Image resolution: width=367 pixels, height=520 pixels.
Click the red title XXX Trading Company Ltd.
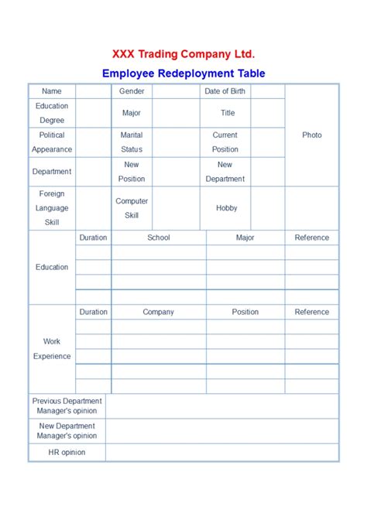click(x=183, y=53)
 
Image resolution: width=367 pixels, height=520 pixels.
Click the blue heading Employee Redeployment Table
click(x=183, y=74)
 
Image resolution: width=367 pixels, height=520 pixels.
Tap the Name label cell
click(x=52, y=91)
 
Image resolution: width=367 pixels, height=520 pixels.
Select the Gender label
click(x=132, y=91)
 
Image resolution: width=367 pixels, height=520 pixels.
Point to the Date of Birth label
click(x=225, y=91)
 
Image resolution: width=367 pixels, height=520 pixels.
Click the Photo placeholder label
click(x=312, y=135)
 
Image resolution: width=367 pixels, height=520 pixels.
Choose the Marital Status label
click(x=132, y=142)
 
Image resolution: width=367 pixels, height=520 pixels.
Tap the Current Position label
click(x=225, y=142)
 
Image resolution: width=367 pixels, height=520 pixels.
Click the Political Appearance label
click(x=52, y=142)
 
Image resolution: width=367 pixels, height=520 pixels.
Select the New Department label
click(x=225, y=172)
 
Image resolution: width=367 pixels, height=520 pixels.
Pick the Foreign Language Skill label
click(x=52, y=208)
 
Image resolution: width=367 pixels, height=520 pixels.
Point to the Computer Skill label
click(x=132, y=208)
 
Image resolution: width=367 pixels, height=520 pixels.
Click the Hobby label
click(x=227, y=208)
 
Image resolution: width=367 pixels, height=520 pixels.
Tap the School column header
click(x=159, y=238)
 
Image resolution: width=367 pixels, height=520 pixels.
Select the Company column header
click(x=159, y=312)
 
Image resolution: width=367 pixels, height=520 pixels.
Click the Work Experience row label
click(x=52, y=349)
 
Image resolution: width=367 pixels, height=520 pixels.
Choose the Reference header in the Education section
click(x=312, y=238)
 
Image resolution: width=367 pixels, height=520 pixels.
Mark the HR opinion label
click(x=67, y=452)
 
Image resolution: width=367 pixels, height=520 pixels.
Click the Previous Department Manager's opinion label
click(x=67, y=406)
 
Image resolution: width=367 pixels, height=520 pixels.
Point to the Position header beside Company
click(x=245, y=312)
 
